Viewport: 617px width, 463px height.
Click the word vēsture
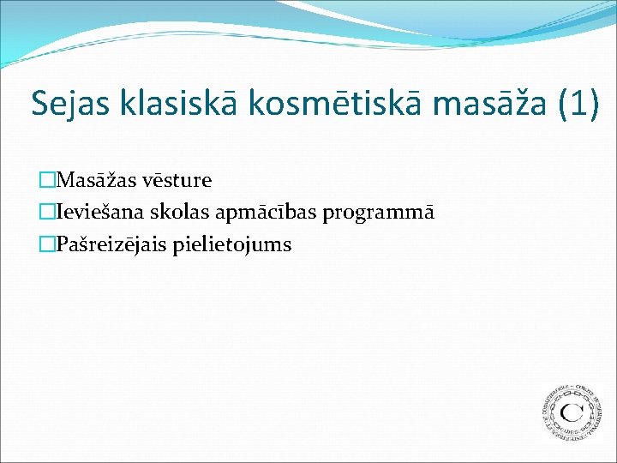pos(179,181)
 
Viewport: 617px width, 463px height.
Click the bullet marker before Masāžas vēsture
pos(47,181)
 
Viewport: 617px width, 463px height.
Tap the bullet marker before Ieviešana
pos(47,213)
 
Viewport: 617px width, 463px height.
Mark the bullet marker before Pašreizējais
pos(47,245)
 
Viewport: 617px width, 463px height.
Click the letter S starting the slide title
pos(39,103)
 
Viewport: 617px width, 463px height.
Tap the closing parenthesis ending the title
pos(593,104)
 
